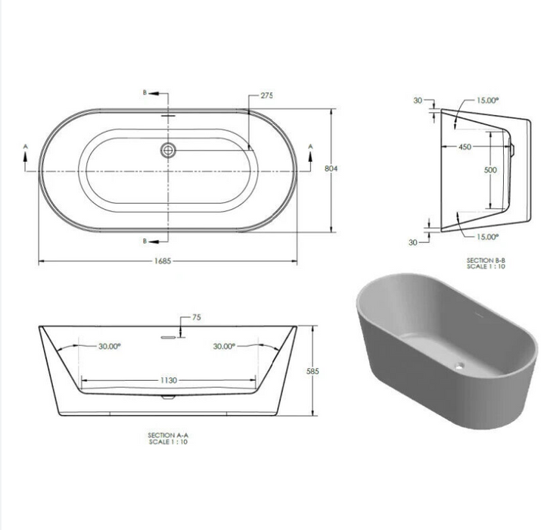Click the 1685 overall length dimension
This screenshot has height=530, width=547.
163,261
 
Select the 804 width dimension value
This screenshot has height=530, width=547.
331,169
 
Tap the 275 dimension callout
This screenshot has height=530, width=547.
267,95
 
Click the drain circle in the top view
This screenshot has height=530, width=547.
168,151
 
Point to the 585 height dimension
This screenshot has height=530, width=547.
312,371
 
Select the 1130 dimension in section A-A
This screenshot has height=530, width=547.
169,380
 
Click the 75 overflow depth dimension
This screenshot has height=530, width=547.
197,317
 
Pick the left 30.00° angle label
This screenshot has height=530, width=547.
110,346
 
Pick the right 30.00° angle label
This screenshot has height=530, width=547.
224,346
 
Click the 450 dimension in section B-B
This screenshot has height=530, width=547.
465,147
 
